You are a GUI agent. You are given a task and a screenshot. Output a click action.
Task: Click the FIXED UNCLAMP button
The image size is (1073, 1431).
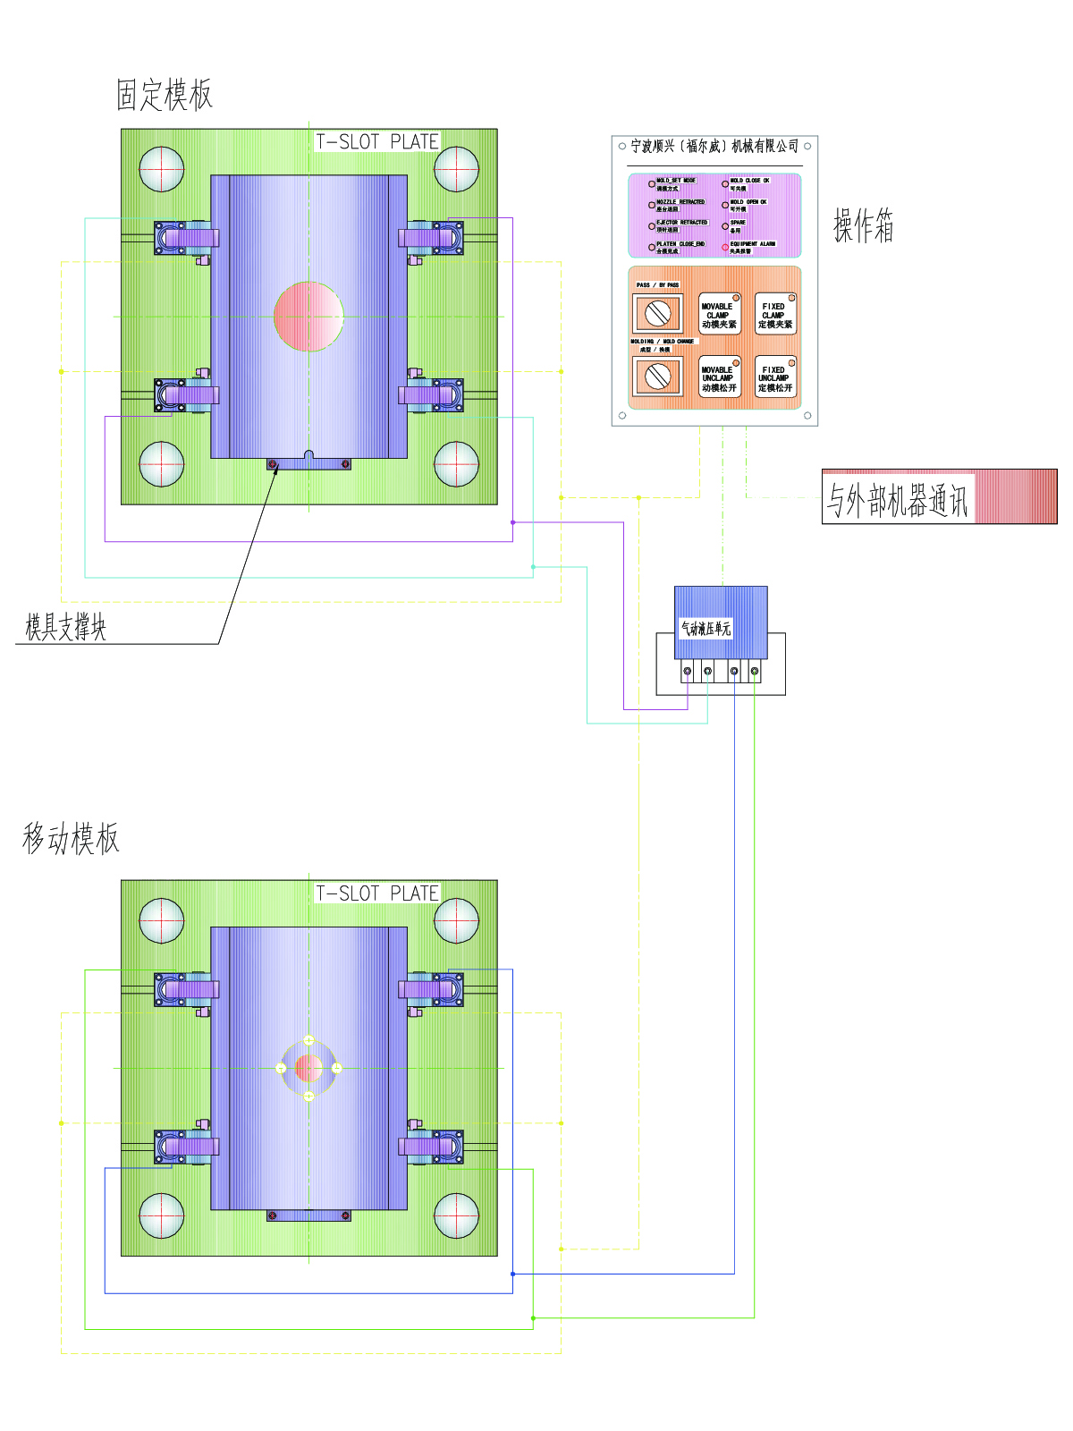(774, 377)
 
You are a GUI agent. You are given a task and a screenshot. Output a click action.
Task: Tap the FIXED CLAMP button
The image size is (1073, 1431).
(774, 314)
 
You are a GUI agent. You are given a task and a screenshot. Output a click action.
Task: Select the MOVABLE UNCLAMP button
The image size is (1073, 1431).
(719, 377)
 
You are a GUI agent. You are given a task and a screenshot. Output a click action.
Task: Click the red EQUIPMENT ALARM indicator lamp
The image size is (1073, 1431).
(725, 248)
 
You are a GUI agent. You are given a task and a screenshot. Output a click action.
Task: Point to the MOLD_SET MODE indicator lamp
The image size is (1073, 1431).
(652, 184)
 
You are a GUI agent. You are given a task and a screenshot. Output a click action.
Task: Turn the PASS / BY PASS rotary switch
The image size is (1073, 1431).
(658, 314)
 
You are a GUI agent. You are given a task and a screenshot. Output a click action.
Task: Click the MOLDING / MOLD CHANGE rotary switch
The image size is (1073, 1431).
(658, 377)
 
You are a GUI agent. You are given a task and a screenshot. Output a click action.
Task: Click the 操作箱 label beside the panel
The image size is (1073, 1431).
(863, 225)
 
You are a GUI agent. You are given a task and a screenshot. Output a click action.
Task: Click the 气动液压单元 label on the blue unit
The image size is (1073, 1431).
(705, 629)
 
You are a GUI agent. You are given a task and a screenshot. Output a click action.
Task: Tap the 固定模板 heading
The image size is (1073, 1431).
(165, 95)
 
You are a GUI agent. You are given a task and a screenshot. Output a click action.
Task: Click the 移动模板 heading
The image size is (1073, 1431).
(71, 839)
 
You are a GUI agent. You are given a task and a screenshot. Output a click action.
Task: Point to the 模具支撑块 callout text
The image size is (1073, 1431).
(65, 628)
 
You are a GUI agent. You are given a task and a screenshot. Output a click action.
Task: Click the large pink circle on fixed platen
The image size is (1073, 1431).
(308, 316)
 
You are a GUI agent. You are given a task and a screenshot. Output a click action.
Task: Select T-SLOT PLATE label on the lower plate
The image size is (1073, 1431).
(377, 893)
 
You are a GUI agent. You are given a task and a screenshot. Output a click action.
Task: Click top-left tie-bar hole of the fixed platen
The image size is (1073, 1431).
(162, 168)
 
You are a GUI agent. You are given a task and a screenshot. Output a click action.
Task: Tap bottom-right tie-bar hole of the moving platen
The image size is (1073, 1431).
(456, 1216)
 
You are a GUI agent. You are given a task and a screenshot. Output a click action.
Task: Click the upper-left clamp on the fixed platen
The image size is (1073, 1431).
(185, 239)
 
